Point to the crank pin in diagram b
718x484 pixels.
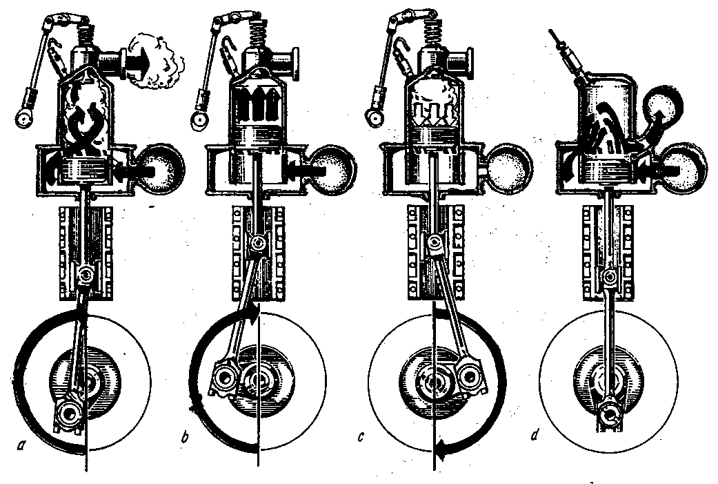(x=225, y=378)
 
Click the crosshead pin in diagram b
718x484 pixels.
(x=257, y=243)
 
